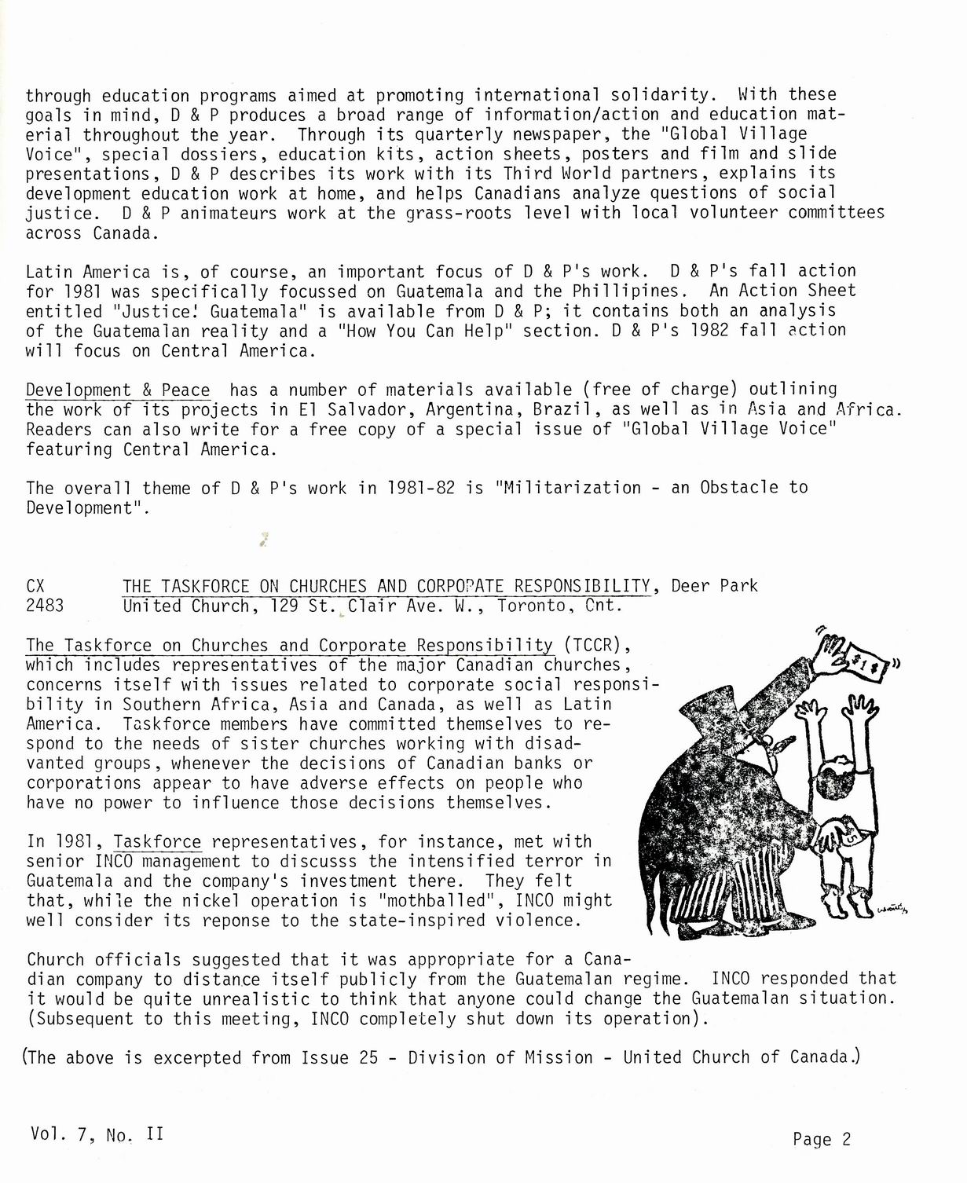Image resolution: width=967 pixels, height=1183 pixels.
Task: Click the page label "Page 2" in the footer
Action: [822, 1139]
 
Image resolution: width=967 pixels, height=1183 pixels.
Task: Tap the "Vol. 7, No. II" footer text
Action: [97, 1134]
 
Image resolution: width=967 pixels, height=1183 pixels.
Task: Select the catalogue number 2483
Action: [45, 606]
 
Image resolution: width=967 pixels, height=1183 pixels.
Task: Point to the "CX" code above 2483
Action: [35, 586]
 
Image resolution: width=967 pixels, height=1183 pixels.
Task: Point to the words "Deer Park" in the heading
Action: [714, 586]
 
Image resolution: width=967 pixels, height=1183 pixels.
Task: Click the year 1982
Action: [709, 330]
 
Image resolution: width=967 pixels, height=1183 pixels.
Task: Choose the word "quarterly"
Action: [457, 134]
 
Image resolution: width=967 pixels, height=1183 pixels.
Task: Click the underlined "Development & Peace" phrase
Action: [118, 390]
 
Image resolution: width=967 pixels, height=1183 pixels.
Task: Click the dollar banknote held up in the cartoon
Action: [865, 661]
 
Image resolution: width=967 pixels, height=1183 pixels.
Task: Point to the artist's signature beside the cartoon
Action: [892, 909]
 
